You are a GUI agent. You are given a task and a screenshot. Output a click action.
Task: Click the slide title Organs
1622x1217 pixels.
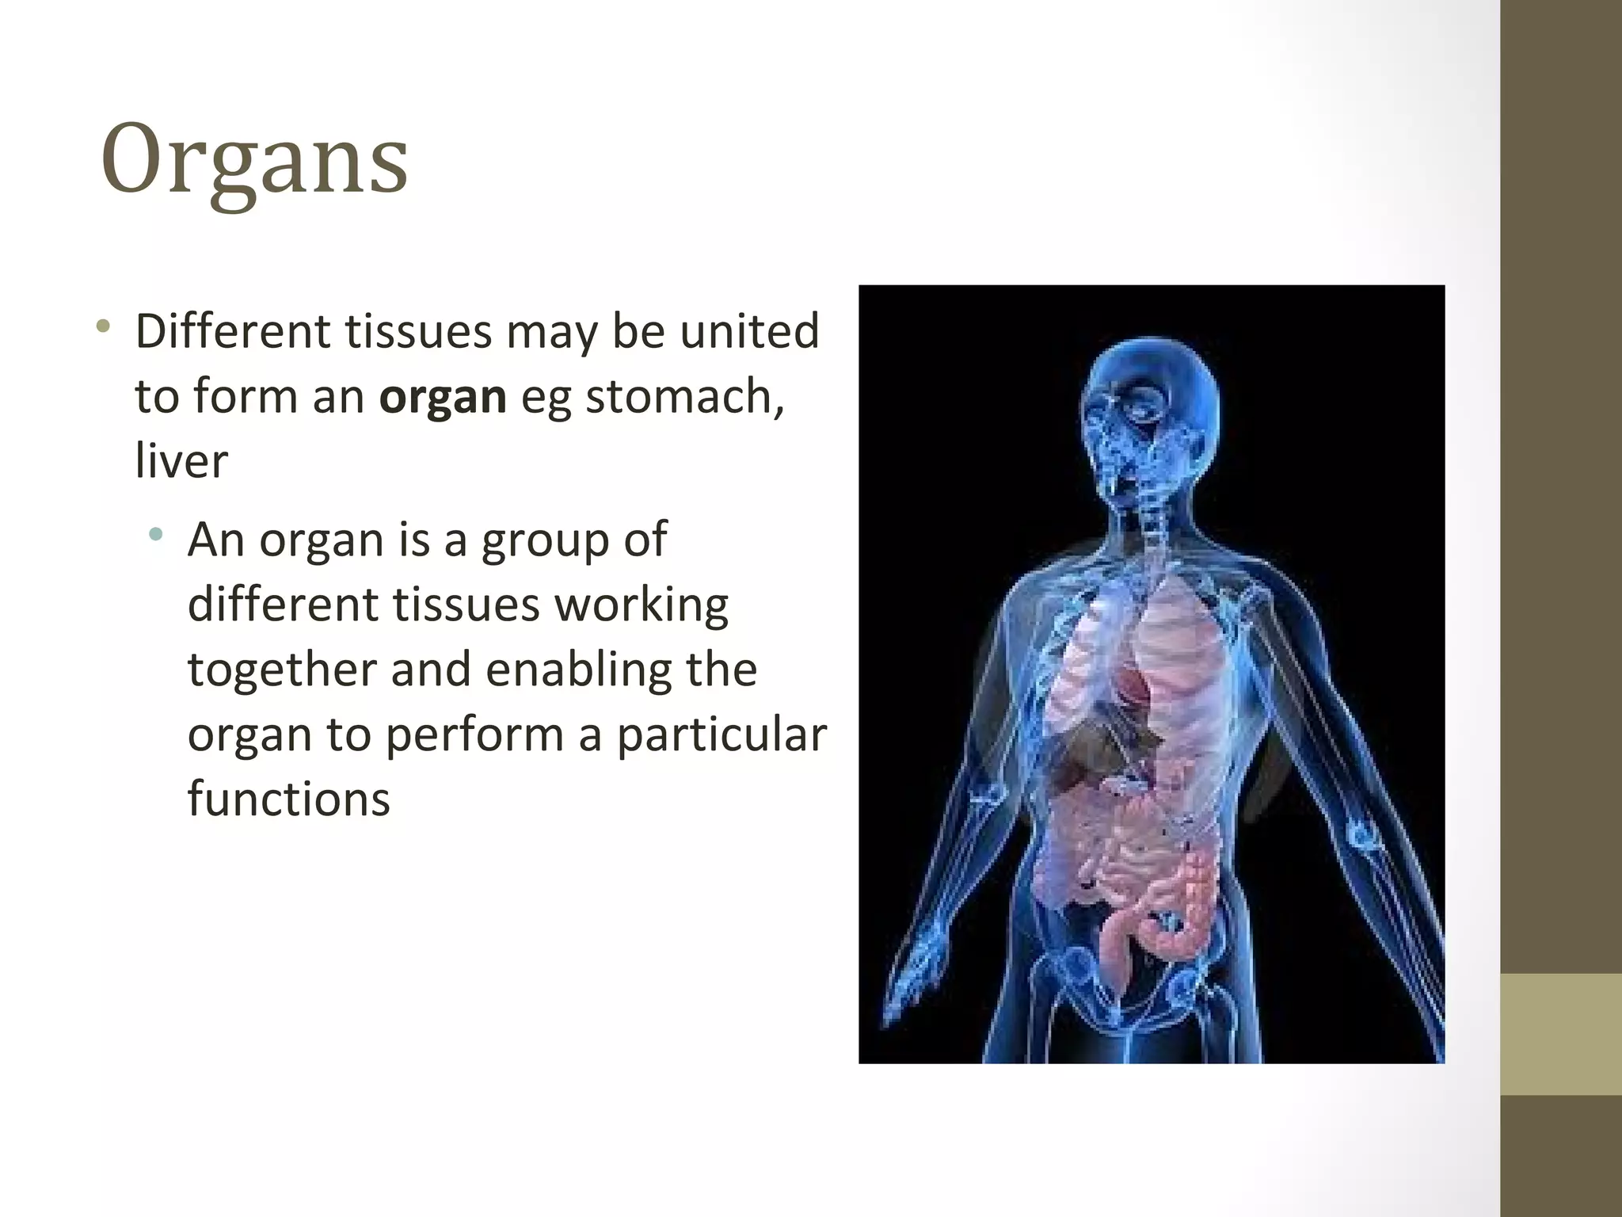coord(254,161)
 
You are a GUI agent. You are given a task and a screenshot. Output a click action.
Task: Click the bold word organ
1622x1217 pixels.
coord(443,397)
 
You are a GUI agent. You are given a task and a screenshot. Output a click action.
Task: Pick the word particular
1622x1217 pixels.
coord(722,734)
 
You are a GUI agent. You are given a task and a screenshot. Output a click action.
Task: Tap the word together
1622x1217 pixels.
coord(282,670)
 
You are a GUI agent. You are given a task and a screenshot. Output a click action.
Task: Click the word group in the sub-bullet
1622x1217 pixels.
coord(546,541)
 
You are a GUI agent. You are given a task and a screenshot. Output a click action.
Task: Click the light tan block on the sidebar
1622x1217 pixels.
coord(1560,1034)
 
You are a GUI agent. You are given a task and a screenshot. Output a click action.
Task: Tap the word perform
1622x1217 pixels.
coord(474,734)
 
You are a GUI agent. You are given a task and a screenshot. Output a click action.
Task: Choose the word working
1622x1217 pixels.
coord(641,606)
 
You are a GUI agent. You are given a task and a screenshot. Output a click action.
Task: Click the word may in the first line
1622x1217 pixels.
coord(551,332)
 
